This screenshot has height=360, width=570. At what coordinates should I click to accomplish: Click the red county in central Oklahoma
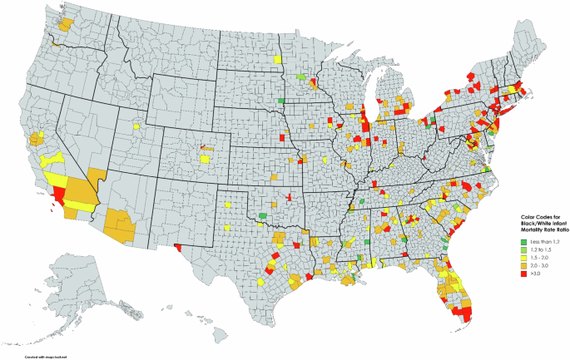point(288,198)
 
